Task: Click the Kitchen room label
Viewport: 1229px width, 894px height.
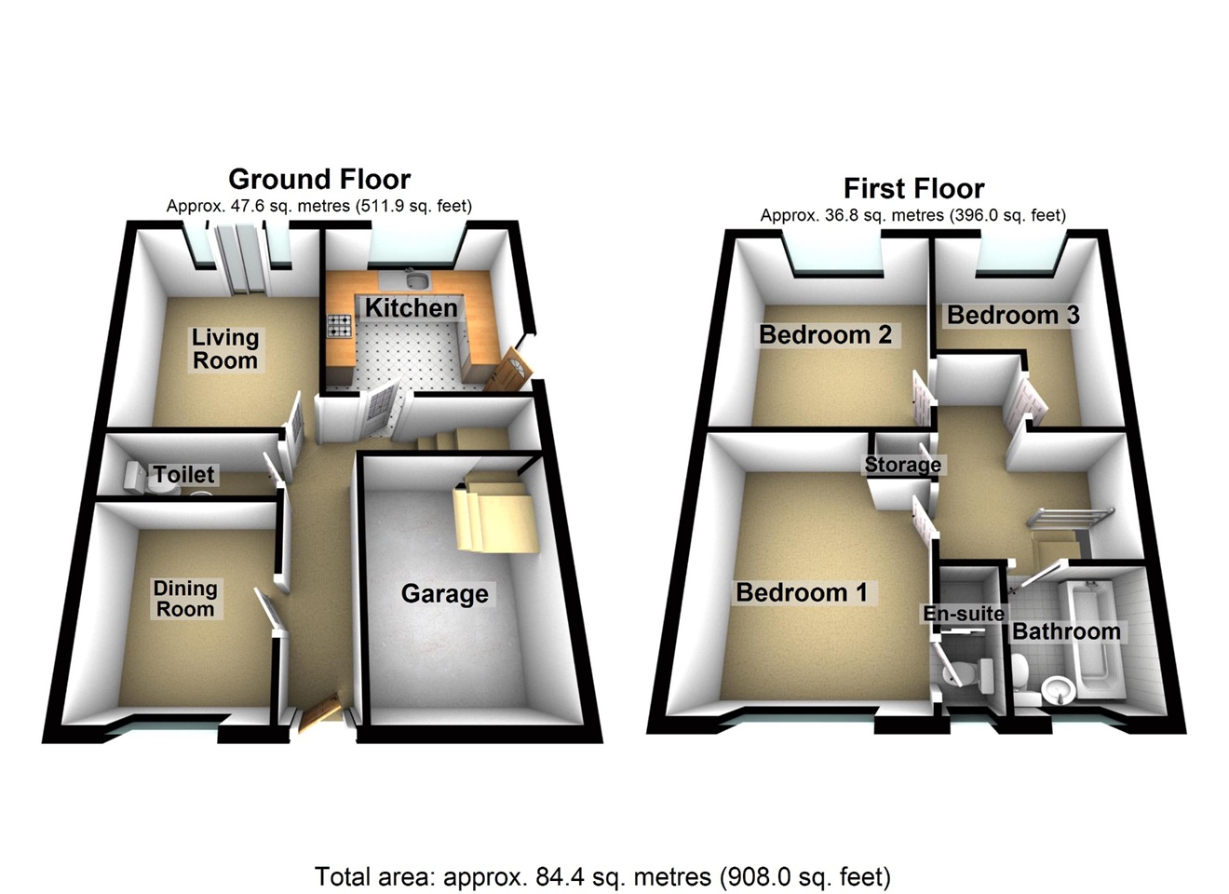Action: pos(411,308)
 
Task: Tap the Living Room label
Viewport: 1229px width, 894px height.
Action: pos(225,349)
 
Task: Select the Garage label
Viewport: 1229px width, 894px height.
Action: pos(444,594)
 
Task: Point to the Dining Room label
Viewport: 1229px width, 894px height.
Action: pos(185,599)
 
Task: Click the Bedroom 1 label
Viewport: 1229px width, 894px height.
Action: pos(802,592)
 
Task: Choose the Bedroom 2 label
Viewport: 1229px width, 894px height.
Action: pos(825,334)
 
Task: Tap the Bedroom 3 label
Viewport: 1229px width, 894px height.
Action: pos(1013,315)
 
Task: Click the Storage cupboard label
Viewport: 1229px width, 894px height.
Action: pos(902,465)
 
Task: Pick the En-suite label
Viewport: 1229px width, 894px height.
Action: pos(964,613)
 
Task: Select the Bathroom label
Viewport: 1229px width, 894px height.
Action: pos(1066,631)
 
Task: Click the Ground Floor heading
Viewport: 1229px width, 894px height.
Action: pos(319,179)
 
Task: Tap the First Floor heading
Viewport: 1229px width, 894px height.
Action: pos(913,188)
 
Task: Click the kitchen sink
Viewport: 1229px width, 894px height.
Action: pos(417,281)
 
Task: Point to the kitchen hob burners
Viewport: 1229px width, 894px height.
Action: pos(339,325)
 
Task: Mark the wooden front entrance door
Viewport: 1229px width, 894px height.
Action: pos(320,713)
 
